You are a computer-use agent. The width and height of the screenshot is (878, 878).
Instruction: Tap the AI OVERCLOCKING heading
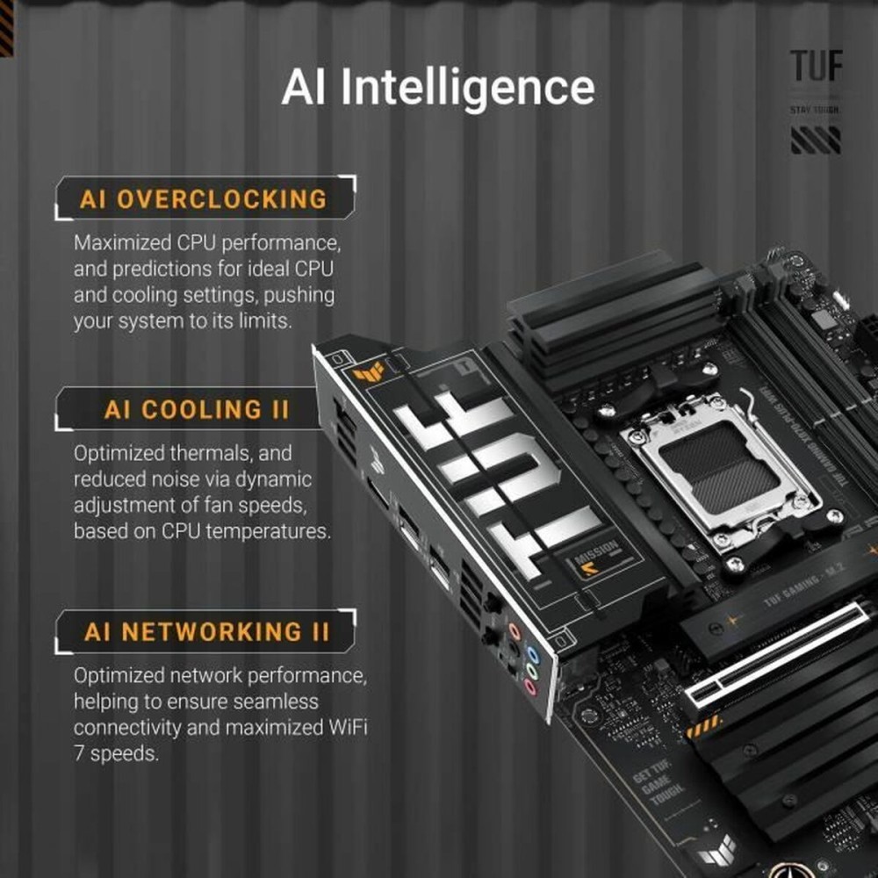pyautogui.click(x=203, y=198)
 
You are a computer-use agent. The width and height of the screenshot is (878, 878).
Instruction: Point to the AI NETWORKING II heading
pyautogui.click(x=207, y=631)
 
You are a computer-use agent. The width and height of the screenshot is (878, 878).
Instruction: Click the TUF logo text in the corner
pyautogui.click(x=816, y=68)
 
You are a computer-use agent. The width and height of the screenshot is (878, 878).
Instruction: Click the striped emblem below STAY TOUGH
pyautogui.click(x=816, y=140)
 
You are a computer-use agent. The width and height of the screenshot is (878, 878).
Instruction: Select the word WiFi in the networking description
pyautogui.click(x=345, y=728)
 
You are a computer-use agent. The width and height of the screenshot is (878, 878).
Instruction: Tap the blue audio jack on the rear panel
pyautogui.click(x=530, y=654)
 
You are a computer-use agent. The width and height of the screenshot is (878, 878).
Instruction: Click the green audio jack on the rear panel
pyautogui.click(x=530, y=672)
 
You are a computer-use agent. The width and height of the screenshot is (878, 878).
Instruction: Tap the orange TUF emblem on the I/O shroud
pyautogui.click(x=369, y=371)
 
